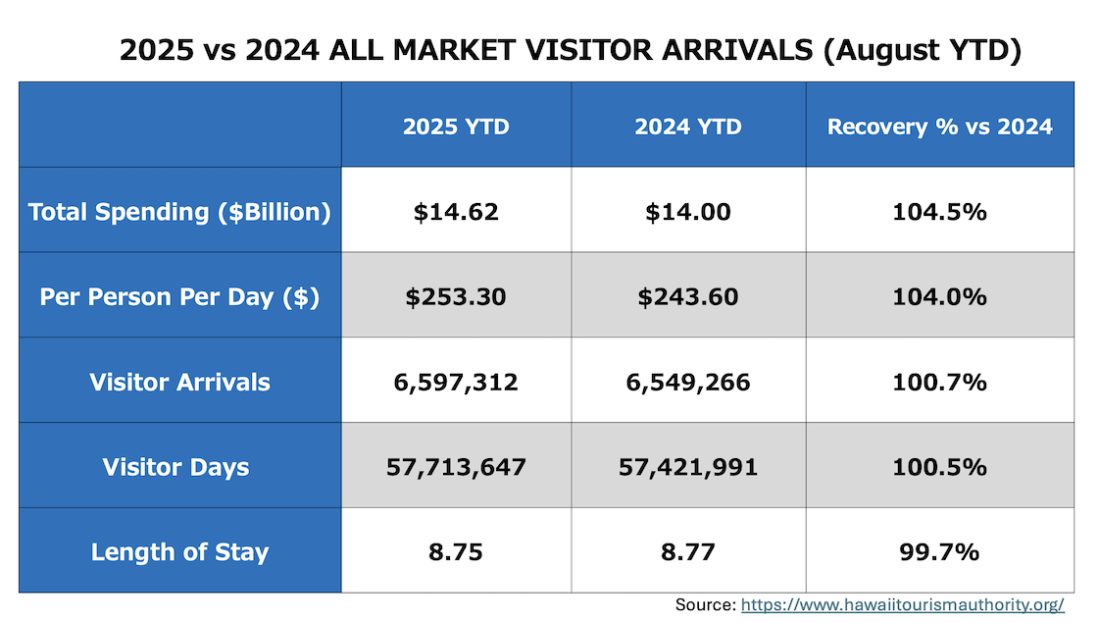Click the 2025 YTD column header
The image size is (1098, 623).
click(456, 127)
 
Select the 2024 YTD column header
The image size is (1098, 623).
click(688, 127)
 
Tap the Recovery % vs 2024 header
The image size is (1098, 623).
click(939, 127)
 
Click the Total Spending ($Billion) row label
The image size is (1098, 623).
click(179, 212)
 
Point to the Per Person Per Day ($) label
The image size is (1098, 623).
click(179, 297)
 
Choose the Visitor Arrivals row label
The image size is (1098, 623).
click(179, 382)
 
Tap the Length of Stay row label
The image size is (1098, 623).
click(179, 551)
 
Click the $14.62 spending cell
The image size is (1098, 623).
click(456, 212)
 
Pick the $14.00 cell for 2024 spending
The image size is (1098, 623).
click(688, 212)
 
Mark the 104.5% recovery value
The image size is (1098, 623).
click(939, 212)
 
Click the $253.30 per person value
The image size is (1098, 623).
click(456, 297)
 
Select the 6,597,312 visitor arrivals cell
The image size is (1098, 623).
click(456, 382)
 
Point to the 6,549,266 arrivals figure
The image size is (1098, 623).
click(688, 382)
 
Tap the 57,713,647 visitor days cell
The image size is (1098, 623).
click(456, 467)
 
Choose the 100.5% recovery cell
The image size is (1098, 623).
click(939, 467)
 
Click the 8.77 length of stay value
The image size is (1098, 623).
click(688, 551)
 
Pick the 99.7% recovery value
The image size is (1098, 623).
click(939, 551)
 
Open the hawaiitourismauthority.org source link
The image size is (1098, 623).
click(902, 605)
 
